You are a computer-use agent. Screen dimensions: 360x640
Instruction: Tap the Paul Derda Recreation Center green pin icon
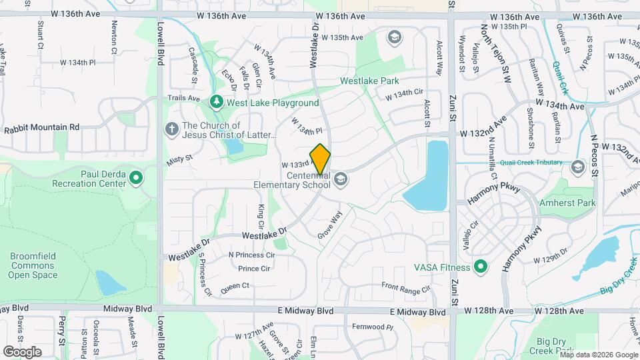[137, 178]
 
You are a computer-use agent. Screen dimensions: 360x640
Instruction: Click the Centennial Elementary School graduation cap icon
[341, 179]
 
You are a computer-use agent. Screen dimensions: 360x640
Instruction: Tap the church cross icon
[171, 128]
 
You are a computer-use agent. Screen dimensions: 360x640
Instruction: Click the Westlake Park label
[369, 81]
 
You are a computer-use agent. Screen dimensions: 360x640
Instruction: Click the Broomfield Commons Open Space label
[33, 265]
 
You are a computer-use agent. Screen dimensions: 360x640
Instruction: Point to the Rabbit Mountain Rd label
[41, 127]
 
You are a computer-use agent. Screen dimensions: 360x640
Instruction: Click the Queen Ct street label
[234, 285]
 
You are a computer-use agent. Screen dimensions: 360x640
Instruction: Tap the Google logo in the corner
[22, 351]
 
